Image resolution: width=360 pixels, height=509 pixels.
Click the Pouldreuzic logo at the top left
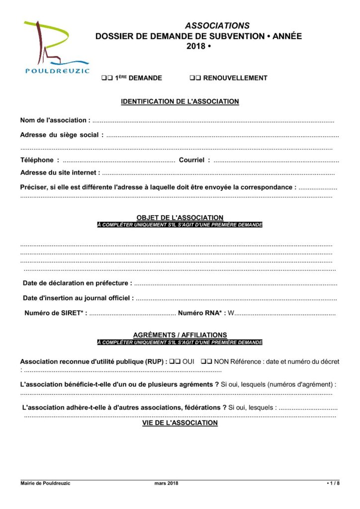(x=56, y=47)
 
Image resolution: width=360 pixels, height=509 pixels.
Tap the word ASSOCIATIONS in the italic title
(x=217, y=25)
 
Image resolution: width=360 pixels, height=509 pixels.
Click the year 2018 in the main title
(x=195, y=46)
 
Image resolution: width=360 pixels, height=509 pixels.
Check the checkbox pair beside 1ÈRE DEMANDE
(x=106, y=78)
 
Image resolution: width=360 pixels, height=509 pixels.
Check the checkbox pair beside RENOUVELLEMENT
(x=195, y=78)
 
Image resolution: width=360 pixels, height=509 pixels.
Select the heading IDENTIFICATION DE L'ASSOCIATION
(x=180, y=102)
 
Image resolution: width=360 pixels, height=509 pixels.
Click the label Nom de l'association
(x=55, y=120)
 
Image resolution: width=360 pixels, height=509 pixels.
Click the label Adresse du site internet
(x=60, y=172)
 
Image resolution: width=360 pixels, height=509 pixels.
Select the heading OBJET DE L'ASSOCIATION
(x=180, y=218)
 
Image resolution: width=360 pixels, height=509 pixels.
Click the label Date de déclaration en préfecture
(x=78, y=283)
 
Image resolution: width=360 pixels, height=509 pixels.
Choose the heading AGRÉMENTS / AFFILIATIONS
(x=180, y=335)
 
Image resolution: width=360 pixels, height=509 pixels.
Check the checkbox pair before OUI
(x=174, y=362)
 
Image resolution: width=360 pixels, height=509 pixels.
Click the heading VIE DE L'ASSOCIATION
(x=180, y=423)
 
